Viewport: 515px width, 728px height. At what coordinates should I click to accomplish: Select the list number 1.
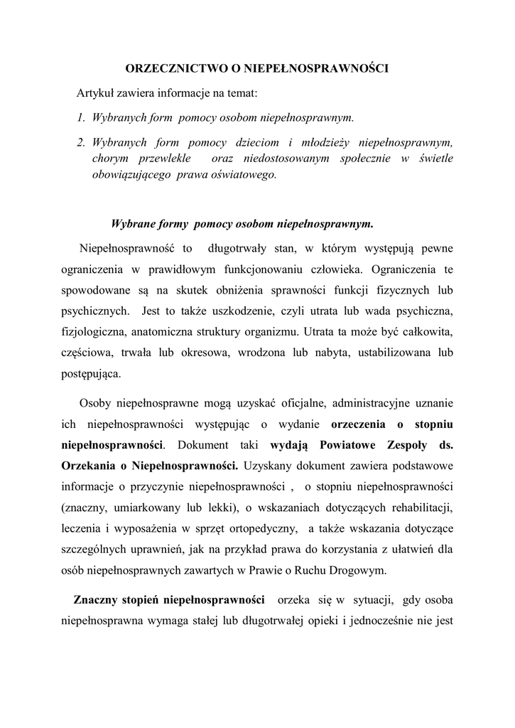click(x=80, y=117)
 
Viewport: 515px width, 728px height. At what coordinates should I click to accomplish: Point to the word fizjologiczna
click(x=92, y=331)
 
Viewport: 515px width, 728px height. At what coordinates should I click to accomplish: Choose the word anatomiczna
click(x=175, y=331)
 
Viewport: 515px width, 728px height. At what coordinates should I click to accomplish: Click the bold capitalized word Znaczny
click(x=95, y=598)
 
